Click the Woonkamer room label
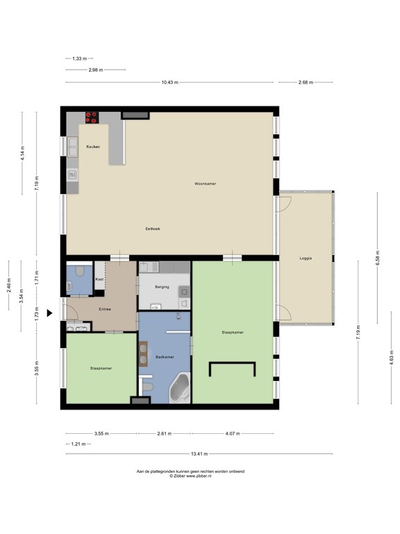pos(205,184)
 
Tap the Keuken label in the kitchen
pos(93,147)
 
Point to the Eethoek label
pos(153,229)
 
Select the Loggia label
pos(306,258)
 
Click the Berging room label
pos(162,286)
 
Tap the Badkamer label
pos(165,357)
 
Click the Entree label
pos(105,309)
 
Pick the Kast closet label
pos(99,280)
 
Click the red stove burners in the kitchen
pos(92,118)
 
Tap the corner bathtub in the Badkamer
pos(180,388)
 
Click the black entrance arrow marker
pos(50,313)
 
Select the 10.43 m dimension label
pos(169,82)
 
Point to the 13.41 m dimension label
pos(199,453)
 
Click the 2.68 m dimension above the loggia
pos(306,82)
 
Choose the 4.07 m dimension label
pos(233,434)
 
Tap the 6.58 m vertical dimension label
pos(378,258)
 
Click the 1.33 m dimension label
pos(79,58)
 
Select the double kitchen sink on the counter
pos(73,147)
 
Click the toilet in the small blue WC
pos(80,271)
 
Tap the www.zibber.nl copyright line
pos(190,476)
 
